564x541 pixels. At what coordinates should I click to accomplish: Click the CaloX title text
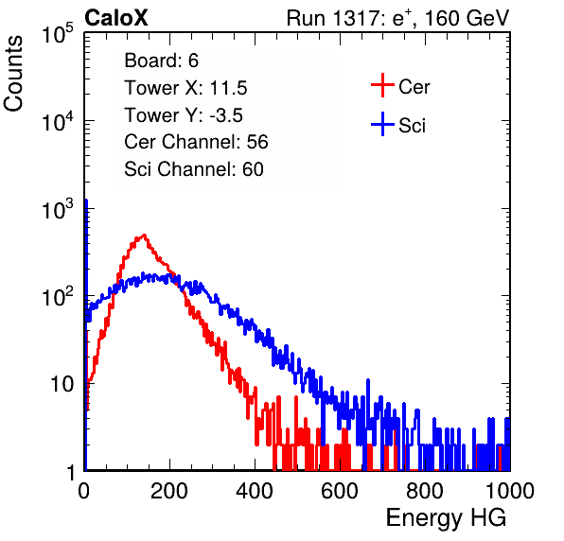click(x=116, y=18)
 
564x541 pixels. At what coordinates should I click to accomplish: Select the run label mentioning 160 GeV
click(x=397, y=18)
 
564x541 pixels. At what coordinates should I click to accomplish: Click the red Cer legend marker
click(x=382, y=85)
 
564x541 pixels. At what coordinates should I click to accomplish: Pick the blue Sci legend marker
click(x=382, y=124)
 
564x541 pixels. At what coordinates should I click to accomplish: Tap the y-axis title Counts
click(x=13, y=74)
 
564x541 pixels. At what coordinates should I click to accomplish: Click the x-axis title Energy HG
click(x=446, y=518)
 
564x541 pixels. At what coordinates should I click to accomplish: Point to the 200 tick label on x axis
click(x=169, y=491)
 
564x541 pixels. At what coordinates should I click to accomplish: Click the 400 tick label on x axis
click(x=255, y=491)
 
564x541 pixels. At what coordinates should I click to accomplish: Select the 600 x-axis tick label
click(x=340, y=491)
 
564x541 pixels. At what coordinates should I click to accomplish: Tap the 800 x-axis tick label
click(x=425, y=491)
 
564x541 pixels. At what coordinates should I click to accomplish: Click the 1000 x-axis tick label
click(x=510, y=491)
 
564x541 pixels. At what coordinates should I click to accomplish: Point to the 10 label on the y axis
click(x=62, y=384)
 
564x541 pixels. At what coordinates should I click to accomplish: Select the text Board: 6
click(x=161, y=61)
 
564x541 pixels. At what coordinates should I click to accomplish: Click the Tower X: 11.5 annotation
click(x=185, y=88)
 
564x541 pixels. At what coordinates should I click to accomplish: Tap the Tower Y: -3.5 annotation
click(x=184, y=115)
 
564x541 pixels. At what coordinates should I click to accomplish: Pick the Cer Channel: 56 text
click(x=196, y=142)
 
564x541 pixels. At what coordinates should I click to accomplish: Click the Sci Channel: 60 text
click(x=194, y=169)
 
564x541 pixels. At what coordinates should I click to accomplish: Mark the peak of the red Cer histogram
click(x=144, y=236)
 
